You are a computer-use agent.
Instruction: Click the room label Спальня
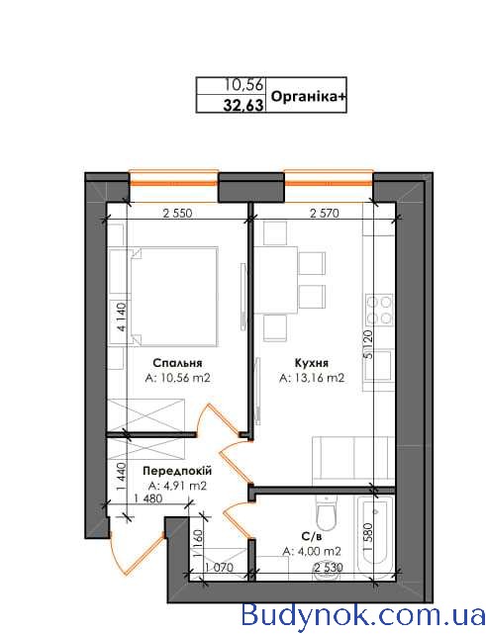177,363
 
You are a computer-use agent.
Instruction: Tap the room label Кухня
312,363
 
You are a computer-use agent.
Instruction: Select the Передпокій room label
177,471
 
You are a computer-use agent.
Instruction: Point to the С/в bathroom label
312,536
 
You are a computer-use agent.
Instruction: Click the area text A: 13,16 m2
312,378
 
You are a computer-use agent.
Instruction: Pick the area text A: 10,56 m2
177,378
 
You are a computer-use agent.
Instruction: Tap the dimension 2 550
177,213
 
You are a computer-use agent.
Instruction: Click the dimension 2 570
324,213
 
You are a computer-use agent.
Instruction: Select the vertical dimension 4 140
122,317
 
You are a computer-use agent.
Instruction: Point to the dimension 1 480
147,498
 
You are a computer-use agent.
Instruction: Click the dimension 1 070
219,568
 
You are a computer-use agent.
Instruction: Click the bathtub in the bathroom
375,534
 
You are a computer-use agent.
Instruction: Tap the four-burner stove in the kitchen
379,310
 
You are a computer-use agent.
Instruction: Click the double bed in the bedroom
174,297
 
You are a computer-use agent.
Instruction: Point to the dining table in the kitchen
276,280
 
